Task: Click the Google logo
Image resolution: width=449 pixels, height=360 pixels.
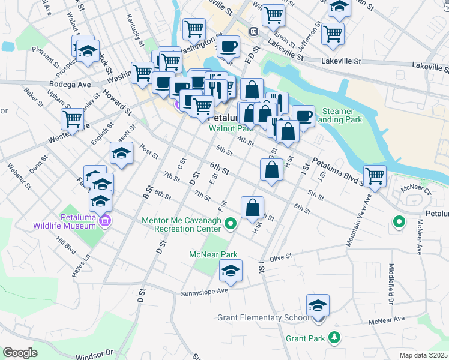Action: coord(20,353)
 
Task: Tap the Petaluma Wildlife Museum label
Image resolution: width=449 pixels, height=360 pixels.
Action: coord(77,221)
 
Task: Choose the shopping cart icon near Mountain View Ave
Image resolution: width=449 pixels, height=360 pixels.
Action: coord(375,176)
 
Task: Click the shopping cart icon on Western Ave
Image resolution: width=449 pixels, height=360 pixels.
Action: coord(73,119)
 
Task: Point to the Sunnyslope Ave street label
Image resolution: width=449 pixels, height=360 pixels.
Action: coord(205,292)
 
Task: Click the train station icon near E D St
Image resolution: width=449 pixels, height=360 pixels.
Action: coord(254,31)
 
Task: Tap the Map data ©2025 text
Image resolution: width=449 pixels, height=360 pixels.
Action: coord(423,355)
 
